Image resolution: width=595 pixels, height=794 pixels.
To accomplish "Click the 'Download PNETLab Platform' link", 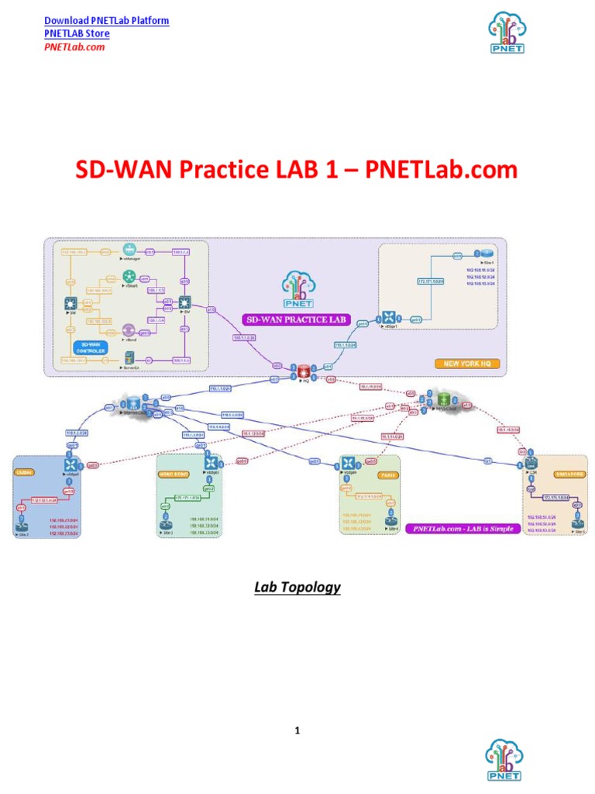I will tap(106, 20).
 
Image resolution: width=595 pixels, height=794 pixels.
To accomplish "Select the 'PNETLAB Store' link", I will tap(77, 33).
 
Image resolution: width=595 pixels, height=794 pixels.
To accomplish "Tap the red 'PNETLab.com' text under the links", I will tap(74, 47).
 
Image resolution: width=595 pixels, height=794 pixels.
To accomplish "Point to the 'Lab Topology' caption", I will tap(297, 587).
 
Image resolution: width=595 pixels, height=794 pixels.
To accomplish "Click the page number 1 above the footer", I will tap(297, 730).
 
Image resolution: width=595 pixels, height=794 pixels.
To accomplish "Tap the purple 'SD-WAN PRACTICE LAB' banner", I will tap(297, 319).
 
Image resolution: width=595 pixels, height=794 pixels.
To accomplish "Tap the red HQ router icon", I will tap(294, 369).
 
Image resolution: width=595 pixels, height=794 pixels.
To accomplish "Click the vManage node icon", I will tap(129, 250).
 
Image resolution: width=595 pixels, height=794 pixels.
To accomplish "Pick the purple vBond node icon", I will tap(129, 330).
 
